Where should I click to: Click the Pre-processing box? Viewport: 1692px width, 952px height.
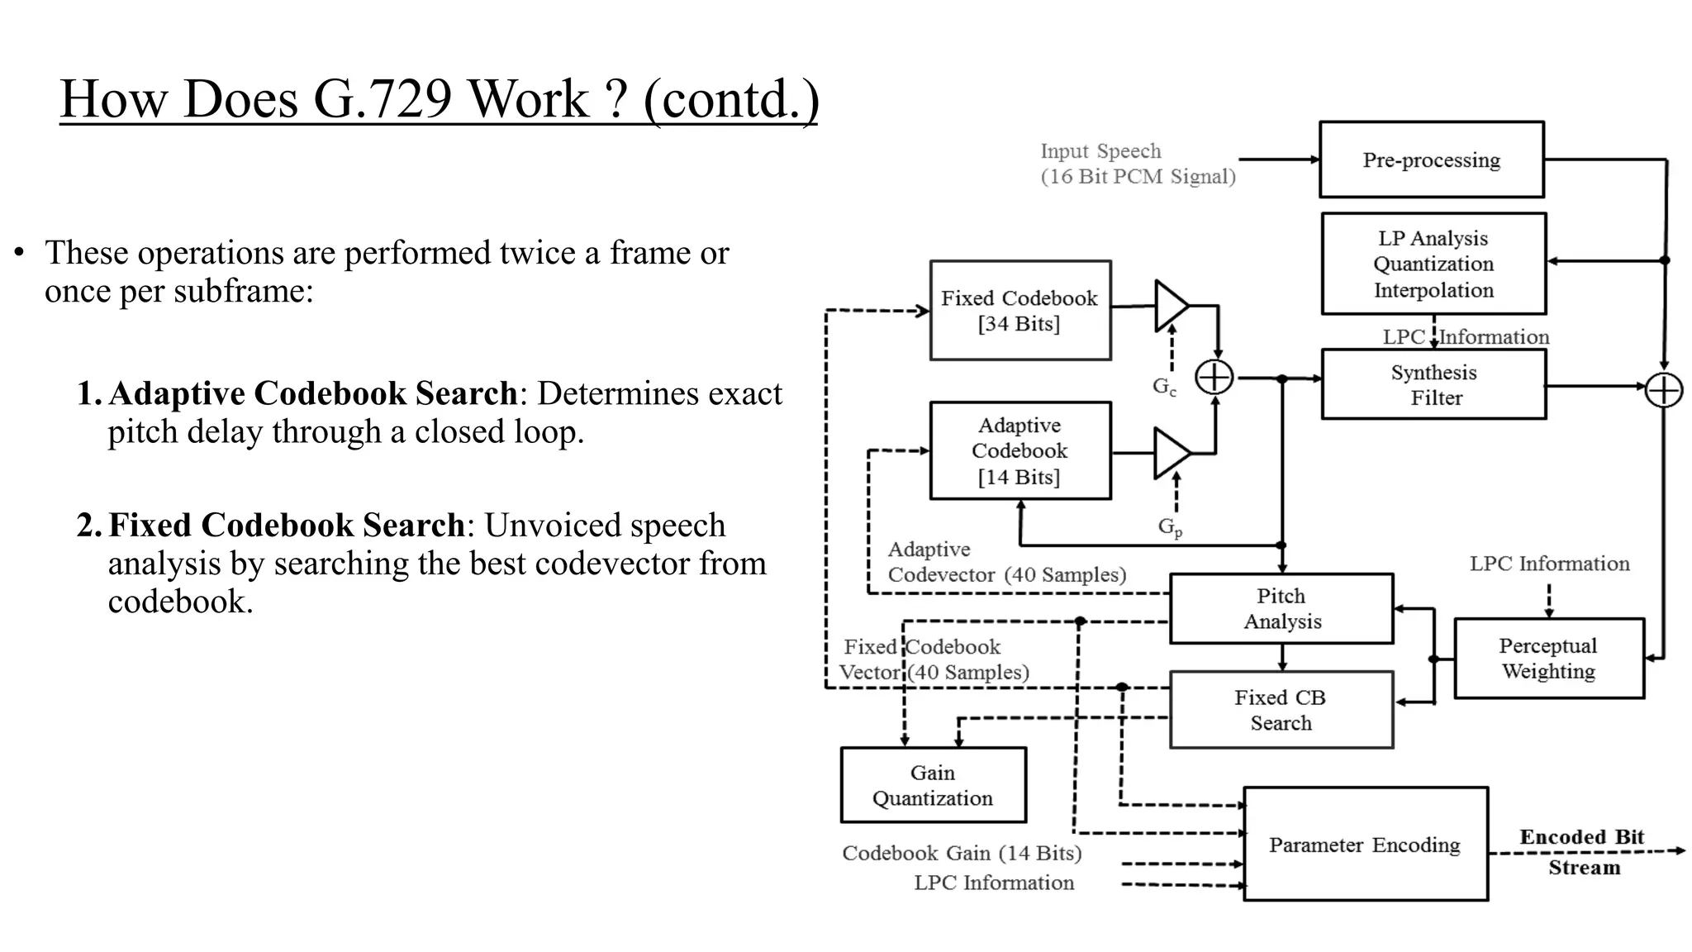1431,159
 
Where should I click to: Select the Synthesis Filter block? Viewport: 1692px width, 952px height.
1433,384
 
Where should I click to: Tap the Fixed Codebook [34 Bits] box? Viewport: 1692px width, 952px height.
1019,311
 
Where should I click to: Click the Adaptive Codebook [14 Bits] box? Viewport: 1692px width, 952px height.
1019,450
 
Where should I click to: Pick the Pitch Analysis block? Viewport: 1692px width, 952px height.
1281,608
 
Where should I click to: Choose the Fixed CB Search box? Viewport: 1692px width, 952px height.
1281,710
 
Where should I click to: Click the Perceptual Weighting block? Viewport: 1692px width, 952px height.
1548,658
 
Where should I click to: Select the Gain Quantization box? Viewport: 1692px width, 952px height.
933,785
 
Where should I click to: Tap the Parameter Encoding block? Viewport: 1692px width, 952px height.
1365,845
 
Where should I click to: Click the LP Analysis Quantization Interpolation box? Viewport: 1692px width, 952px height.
1433,264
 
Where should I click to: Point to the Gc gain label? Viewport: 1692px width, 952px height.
1164,386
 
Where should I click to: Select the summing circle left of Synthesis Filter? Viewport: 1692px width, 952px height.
1214,378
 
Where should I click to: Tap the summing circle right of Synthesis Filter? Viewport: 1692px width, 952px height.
1663,390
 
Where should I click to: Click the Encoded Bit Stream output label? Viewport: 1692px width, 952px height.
1582,852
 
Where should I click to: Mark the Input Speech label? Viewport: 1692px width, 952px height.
1137,164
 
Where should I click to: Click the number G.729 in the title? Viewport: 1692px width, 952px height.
383,99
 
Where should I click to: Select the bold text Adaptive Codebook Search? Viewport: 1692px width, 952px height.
312,393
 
